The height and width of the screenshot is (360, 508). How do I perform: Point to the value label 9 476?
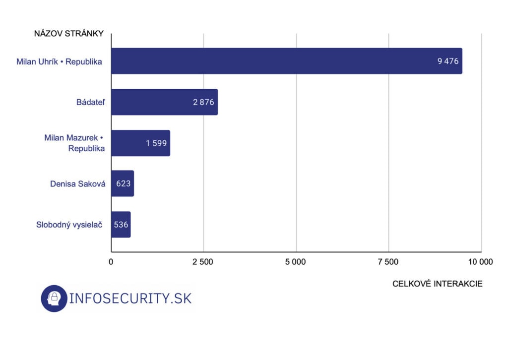(x=447, y=61)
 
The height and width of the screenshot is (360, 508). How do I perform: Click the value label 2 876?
(x=203, y=103)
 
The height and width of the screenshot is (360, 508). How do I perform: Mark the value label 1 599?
(x=156, y=143)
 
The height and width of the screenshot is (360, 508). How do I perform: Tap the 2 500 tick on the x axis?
(x=203, y=262)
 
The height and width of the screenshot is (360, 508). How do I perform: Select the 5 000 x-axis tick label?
(x=296, y=262)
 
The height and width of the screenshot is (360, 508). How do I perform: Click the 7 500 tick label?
(x=389, y=262)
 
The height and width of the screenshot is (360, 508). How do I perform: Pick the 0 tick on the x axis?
(x=111, y=262)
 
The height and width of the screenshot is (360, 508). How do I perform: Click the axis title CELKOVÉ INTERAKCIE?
(x=437, y=284)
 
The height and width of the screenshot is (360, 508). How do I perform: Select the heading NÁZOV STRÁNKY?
(x=68, y=34)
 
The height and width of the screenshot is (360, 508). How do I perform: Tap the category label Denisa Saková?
(x=77, y=184)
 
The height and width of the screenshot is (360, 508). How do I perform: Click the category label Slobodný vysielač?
(x=69, y=225)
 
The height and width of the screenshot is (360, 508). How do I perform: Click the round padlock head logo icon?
(x=54, y=298)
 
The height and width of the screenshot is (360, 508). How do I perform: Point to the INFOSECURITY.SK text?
(x=130, y=298)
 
